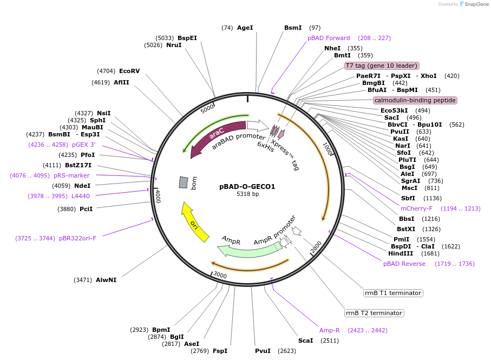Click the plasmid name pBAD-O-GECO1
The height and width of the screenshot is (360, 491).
pos(247,187)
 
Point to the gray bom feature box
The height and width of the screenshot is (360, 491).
pos(184,182)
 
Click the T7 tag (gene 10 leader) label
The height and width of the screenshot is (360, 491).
pos(382,66)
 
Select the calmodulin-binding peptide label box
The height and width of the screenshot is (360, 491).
pos(415,100)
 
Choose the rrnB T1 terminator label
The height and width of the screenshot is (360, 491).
pos(392,293)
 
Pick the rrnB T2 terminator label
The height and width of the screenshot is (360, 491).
pos(374,313)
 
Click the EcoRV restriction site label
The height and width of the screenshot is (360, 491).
pos(129,71)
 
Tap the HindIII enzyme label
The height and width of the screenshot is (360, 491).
pos(401,253)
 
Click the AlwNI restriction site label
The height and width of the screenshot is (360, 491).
pos(106,280)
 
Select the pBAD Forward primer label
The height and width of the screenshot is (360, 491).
pos(329,38)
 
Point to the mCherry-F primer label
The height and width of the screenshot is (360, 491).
pos(416,208)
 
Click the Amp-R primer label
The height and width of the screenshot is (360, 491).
pos(330,330)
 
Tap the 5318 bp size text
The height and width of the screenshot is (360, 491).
pos(247,194)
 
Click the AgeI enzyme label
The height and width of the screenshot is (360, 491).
pos(245,28)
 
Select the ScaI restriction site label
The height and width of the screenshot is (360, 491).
pos(306,341)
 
